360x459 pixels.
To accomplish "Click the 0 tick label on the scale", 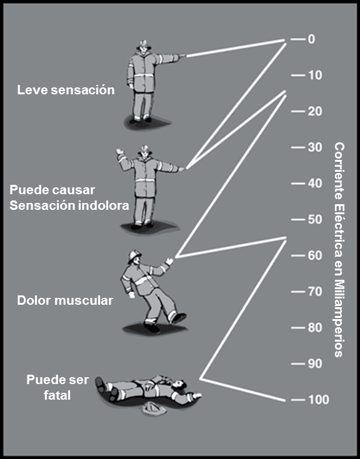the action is [311, 39].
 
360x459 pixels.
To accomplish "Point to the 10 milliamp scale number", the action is [315, 75].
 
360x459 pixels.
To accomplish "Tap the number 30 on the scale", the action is [315, 147].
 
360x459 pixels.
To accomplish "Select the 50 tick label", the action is [315, 219].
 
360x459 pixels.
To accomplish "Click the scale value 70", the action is [315, 291].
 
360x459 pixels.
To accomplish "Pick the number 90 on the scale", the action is [315, 363].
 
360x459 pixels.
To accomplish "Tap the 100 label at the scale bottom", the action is [319, 400].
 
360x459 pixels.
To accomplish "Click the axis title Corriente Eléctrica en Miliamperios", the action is [339, 250].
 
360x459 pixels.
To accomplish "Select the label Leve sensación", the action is [66, 90].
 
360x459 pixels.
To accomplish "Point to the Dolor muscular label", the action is [65, 300].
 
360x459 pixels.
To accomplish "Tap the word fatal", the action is [57, 395].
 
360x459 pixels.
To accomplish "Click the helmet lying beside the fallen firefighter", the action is [154, 408].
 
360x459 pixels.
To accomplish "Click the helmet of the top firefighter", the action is [144, 44].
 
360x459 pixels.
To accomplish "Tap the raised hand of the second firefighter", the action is [120, 153].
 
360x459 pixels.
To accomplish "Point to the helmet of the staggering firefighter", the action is [134, 255].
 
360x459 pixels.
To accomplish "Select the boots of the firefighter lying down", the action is [106, 388].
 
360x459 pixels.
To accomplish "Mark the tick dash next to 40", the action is [298, 184].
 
